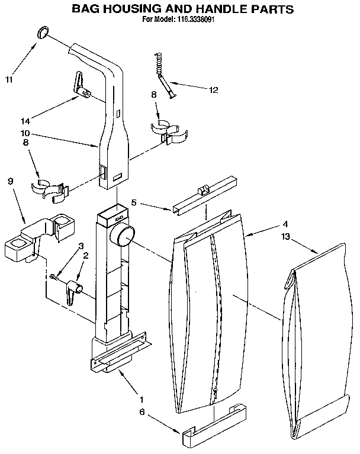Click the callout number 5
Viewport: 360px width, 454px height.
(x=134, y=202)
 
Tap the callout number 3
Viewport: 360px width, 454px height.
(x=82, y=246)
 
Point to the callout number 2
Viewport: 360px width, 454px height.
(x=86, y=256)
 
